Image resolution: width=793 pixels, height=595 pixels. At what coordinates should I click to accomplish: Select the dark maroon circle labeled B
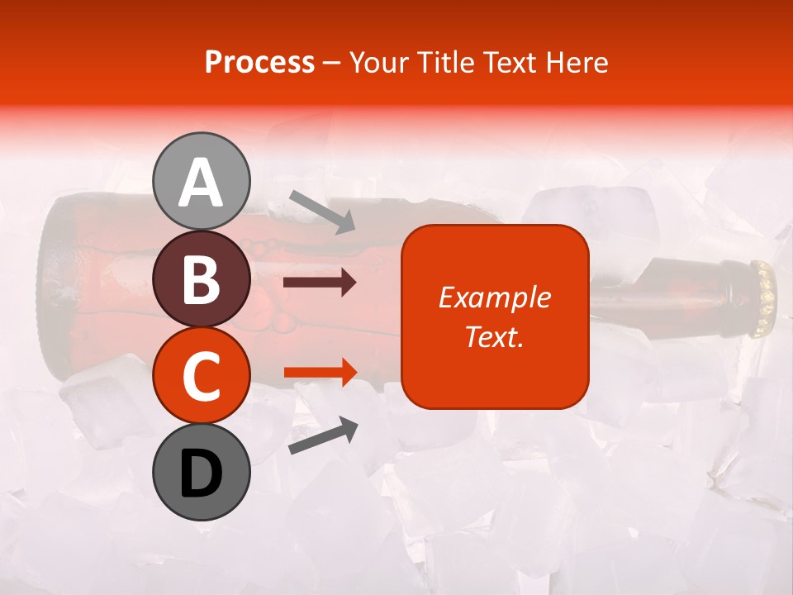[x=202, y=279]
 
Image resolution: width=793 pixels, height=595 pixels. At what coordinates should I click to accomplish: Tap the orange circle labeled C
[x=202, y=376]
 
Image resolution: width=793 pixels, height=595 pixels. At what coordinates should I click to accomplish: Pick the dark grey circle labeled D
[x=202, y=473]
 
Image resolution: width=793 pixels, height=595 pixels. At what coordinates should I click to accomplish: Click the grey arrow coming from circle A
[x=322, y=212]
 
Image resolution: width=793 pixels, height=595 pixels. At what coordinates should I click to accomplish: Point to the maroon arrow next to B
[x=320, y=283]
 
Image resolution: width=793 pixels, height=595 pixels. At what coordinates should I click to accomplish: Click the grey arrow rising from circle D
[x=323, y=436]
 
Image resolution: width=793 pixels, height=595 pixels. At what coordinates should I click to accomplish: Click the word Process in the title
[x=259, y=62]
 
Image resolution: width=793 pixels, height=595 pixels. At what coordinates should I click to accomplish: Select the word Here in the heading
[x=578, y=62]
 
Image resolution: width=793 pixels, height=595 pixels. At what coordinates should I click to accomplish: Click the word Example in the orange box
[x=494, y=297]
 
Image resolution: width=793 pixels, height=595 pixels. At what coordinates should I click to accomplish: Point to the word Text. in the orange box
[x=494, y=336]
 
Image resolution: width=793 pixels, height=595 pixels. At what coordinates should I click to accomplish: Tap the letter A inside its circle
[x=202, y=183]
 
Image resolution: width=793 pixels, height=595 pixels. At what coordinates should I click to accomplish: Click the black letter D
[x=202, y=474]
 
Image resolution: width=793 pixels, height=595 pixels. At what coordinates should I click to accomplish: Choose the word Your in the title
[x=379, y=62]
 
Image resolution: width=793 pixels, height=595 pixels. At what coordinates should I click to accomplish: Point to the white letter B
[x=202, y=280]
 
